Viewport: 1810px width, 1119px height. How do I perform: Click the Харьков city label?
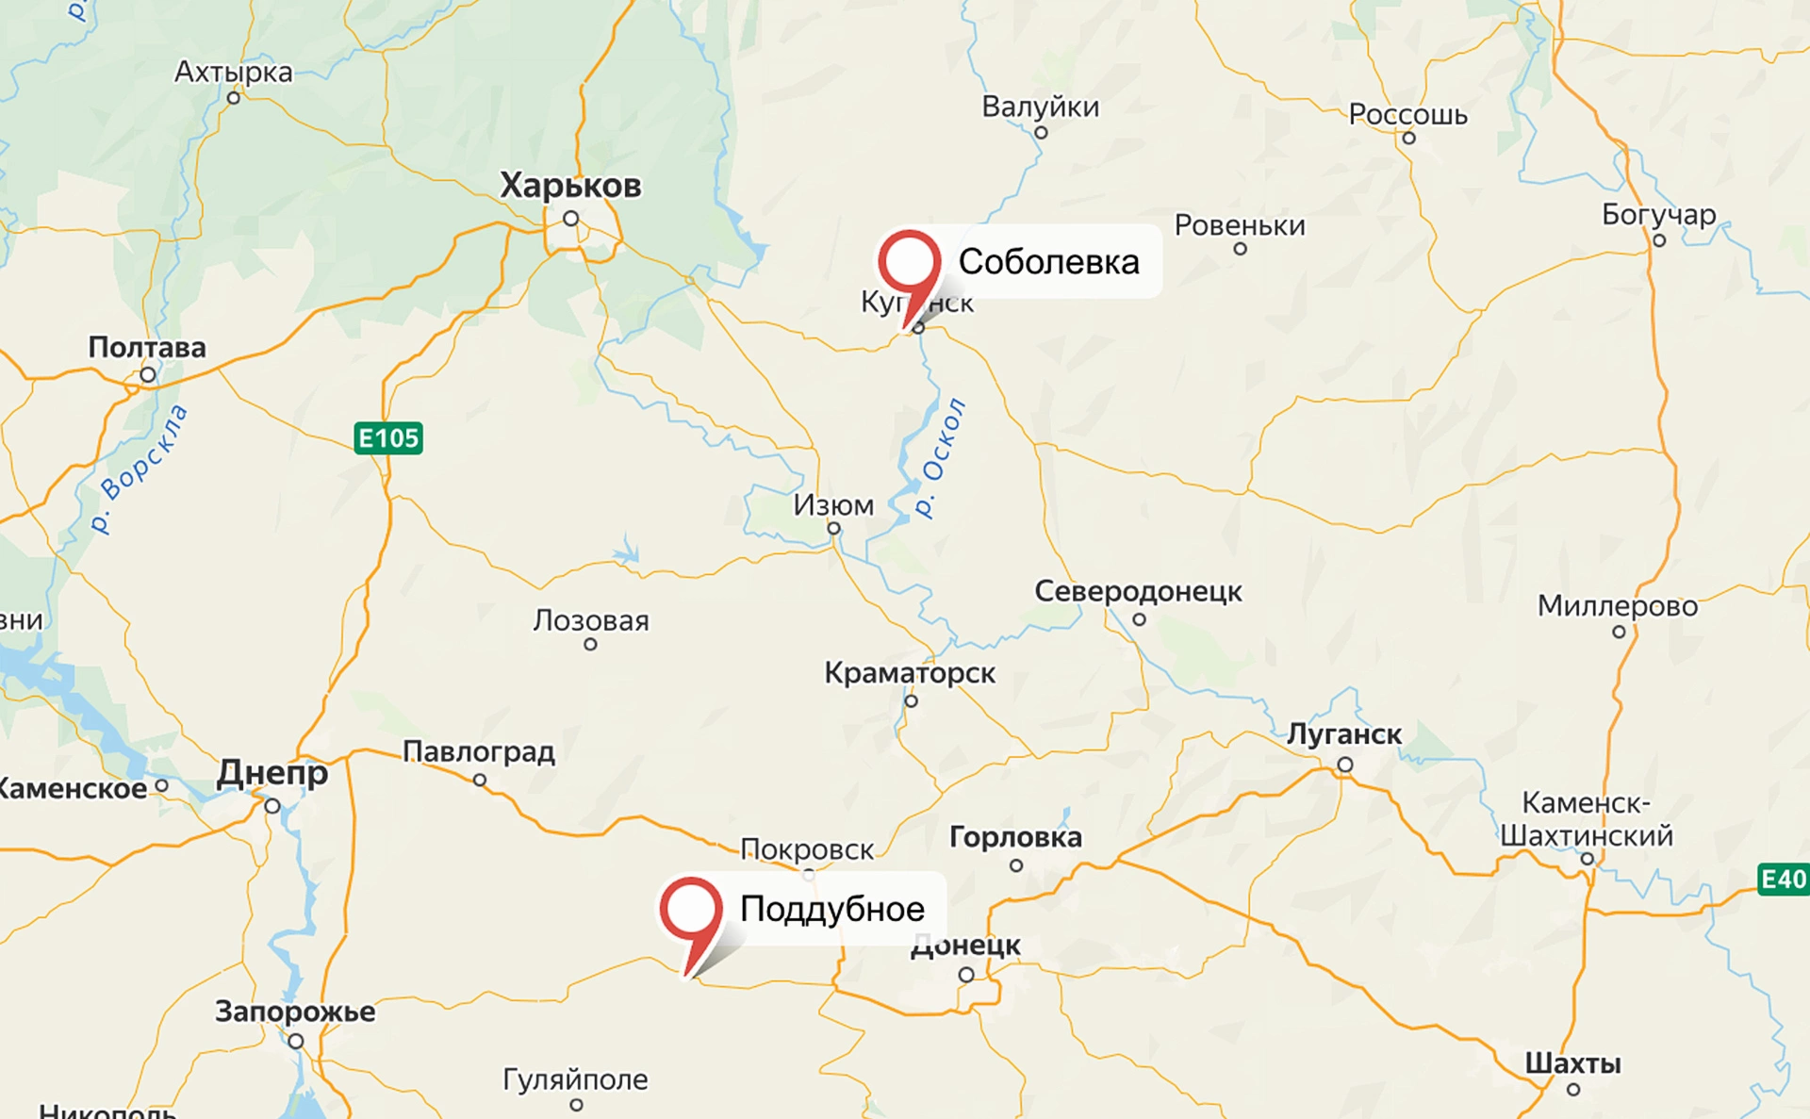click(x=570, y=186)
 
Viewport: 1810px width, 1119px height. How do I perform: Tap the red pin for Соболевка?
click(x=909, y=264)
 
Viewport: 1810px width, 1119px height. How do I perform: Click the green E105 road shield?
click(x=388, y=438)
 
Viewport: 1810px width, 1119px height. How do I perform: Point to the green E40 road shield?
click(x=1783, y=880)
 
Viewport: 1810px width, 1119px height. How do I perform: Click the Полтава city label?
click(x=147, y=348)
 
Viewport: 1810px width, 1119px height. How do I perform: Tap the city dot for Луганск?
click(x=1345, y=765)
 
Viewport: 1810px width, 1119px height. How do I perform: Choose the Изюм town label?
click(x=833, y=506)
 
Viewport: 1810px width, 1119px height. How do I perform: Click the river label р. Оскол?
click(x=941, y=457)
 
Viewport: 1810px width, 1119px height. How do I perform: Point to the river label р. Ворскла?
click(x=140, y=469)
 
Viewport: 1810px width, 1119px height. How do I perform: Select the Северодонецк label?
click(x=1138, y=592)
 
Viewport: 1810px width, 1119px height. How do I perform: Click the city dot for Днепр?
click(x=272, y=806)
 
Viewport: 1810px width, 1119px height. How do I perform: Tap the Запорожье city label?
click(x=295, y=1012)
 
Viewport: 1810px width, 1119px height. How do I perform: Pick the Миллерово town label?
click(x=1618, y=606)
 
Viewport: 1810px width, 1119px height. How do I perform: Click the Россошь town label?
click(x=1407, y=115)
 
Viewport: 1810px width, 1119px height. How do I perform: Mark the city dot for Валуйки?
click(x=1041, y=133)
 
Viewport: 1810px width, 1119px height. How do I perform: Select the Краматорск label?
click(x=910, y=673)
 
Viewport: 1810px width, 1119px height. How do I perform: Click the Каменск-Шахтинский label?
click(x=1587, y=819)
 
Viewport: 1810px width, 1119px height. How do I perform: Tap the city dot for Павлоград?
click(x=480, y=781)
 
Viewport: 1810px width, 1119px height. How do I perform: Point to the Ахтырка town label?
click(x=234, y=73)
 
